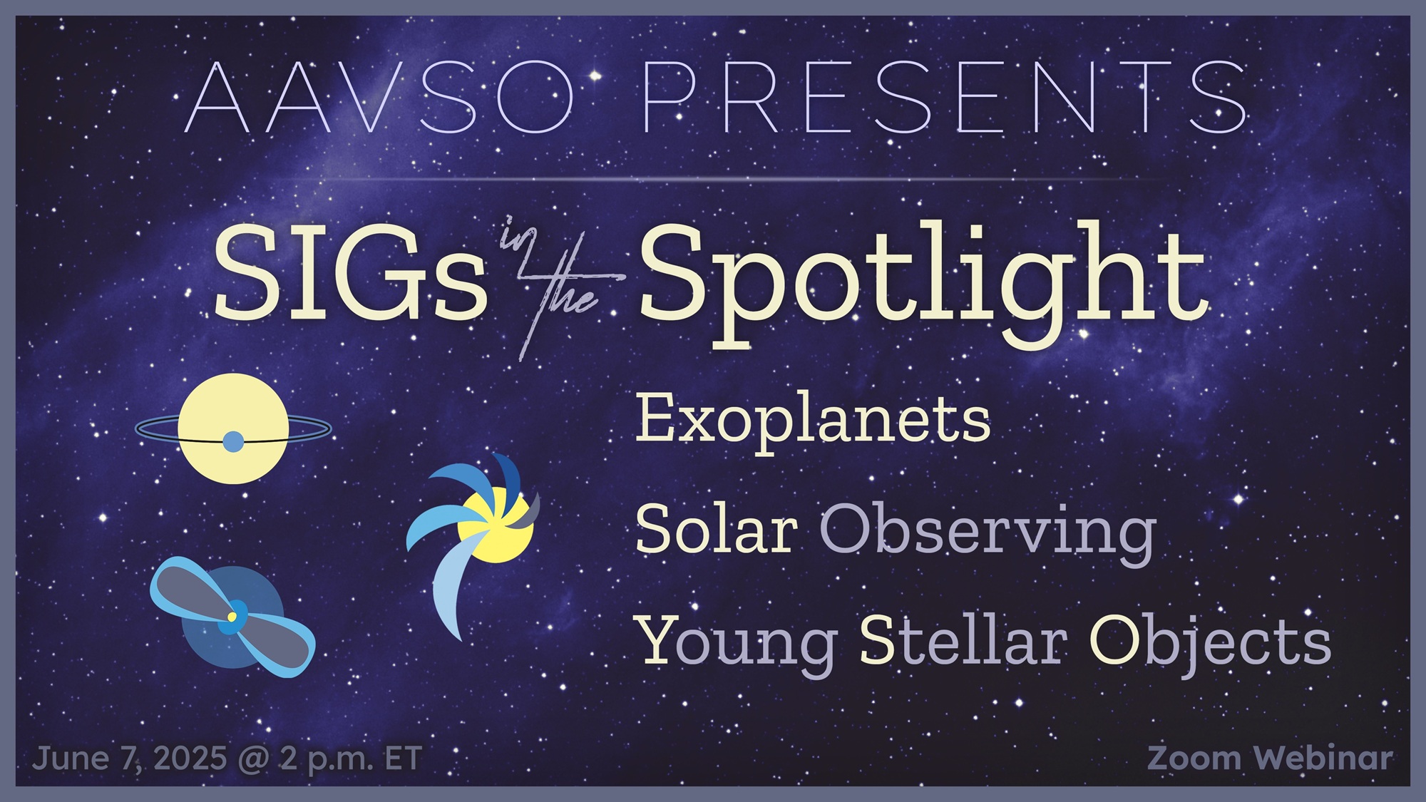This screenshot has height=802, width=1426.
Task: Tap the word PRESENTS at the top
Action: (945, 98)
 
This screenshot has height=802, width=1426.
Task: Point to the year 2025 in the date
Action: (190, 758)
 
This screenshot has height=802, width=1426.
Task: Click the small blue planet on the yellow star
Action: (233, 442)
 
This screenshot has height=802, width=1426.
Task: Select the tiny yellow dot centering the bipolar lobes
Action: (232, 616)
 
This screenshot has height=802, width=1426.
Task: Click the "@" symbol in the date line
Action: (252, 759)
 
